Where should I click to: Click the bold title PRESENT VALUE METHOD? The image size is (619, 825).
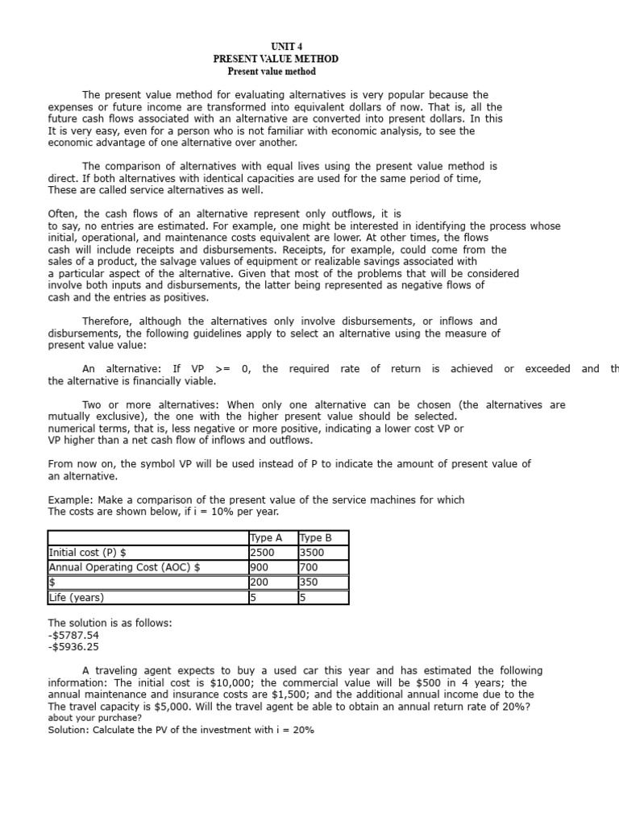(x=276, y=60)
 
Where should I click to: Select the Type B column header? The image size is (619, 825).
(x=315, y=537)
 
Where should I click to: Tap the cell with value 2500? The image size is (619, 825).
(x=263, y=553)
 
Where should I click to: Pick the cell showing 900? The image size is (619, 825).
(x=260, y=567)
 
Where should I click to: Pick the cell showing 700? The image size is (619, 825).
(x=308, y=567)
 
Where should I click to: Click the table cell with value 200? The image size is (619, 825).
(x=260, y=582)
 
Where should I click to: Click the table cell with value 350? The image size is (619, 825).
(x=308, y=582)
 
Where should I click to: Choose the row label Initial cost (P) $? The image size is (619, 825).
(x=88, y=553)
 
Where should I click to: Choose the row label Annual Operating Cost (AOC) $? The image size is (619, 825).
(x=124, y=567)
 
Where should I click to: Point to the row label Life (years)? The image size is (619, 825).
(x=77, y=598)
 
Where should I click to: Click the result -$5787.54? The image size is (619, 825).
(x=73, y=635)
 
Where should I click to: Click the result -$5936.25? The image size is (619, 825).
(x=73, y=647)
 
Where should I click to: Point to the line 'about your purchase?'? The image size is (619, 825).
(x=94, y=718)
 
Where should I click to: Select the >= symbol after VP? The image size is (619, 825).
(x=222, y=369)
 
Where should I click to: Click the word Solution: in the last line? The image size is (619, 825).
(x=69, y=730)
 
